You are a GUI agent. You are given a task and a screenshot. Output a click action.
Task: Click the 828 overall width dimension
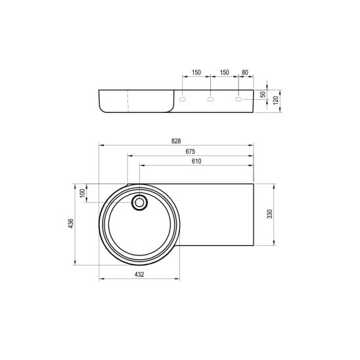tap(176, 141)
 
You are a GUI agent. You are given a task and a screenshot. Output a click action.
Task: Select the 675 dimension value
tap(191, 151)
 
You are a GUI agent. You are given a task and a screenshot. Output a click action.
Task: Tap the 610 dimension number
tap(196, 161)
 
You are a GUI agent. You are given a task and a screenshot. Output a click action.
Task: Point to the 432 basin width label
tap(139, 275)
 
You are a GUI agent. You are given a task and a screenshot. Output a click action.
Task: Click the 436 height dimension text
tap(71, 223)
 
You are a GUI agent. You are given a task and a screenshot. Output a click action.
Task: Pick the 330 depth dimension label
tap(270, 214)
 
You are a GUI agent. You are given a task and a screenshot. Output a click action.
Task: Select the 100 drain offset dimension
tap(82, 194)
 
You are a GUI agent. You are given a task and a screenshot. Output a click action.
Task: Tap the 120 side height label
tap(276, 100)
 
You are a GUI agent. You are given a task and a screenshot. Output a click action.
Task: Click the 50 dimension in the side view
tap(263, 94)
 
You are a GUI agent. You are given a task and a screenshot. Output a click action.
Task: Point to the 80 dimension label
tap(245, 72)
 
